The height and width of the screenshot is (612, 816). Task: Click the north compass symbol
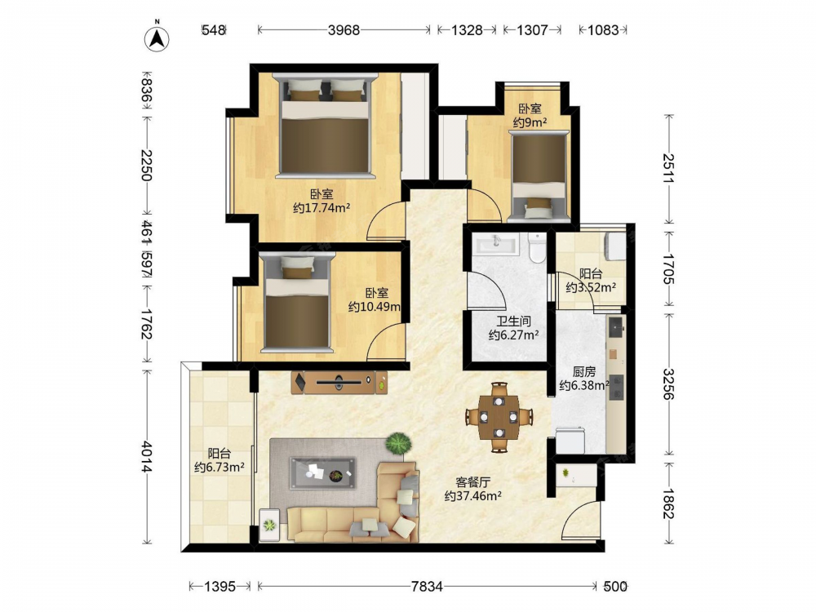157,37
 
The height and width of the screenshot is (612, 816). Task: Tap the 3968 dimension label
344,30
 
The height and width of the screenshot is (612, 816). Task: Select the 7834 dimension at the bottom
427,587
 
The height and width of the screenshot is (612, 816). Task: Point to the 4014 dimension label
147,457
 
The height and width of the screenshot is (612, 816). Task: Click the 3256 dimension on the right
668,384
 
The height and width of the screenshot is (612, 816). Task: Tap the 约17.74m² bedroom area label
321,208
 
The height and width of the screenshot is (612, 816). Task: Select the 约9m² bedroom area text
530,122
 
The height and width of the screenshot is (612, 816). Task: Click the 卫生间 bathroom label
513,322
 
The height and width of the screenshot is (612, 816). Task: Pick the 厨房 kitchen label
584,371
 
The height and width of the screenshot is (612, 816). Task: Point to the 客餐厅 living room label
473,482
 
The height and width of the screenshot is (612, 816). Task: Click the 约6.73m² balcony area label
219,468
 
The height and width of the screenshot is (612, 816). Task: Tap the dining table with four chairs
499,417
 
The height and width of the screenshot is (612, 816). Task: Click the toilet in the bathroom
537,247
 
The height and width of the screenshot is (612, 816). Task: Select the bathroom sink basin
495,243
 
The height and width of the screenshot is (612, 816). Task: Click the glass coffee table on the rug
322,472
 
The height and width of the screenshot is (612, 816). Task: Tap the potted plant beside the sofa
398,443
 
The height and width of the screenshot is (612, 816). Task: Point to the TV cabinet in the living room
339,383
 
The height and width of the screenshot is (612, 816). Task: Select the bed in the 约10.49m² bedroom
298,302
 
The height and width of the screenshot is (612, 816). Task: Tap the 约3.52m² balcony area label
591,287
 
